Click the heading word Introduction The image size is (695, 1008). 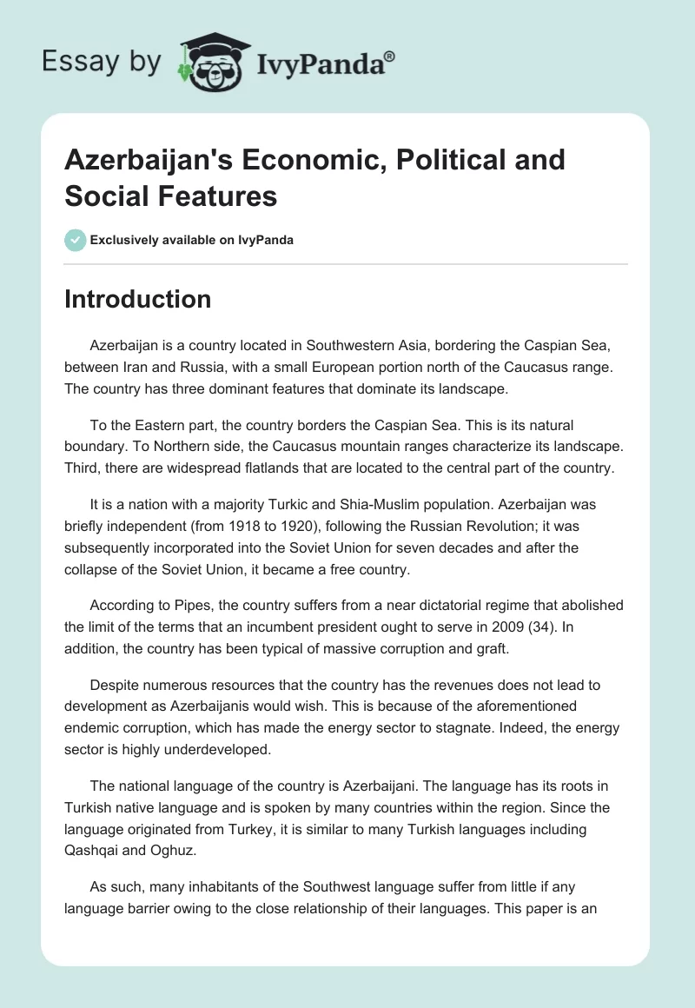coord(138,300)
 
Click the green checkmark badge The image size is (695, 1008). coord(76,240)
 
